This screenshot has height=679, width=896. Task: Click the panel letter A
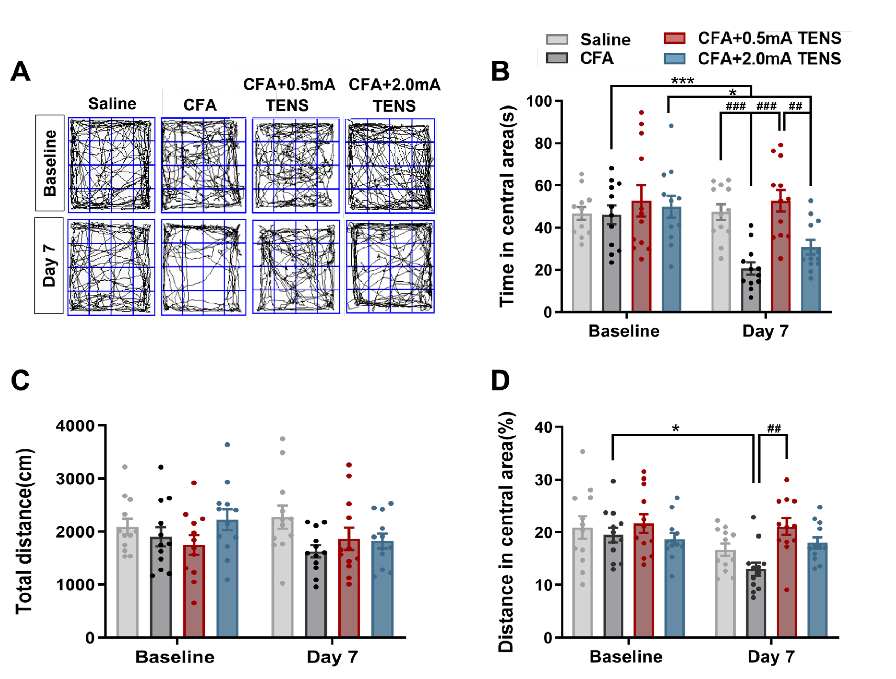click(20, 72)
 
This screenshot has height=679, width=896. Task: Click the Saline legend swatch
click(557, 39)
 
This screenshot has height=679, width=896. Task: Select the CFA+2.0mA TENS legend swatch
click(675, 59)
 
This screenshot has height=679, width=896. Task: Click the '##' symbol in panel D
click(774, 428)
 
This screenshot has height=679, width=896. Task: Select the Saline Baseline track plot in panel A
click(111, 165)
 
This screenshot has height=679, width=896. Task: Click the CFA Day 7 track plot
click(203, 267)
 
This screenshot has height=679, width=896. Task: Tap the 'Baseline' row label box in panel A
click(50, 163)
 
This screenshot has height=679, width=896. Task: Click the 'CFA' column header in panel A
click(200, 105)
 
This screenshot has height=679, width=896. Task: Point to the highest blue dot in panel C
click(227, 445)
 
